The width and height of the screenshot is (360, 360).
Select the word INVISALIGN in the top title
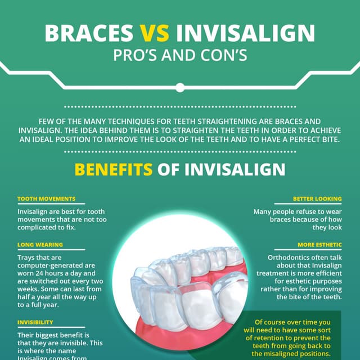tap(245, 33)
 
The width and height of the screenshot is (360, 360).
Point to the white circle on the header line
tap(180, 87)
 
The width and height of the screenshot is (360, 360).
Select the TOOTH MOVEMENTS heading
tap(46, 199)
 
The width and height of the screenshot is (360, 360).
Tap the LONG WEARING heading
tap(40, 245)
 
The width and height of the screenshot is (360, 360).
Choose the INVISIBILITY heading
tap(35, 322)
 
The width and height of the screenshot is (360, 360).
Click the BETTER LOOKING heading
tap(317, 199)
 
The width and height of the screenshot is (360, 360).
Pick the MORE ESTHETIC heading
tap(319, 245)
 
